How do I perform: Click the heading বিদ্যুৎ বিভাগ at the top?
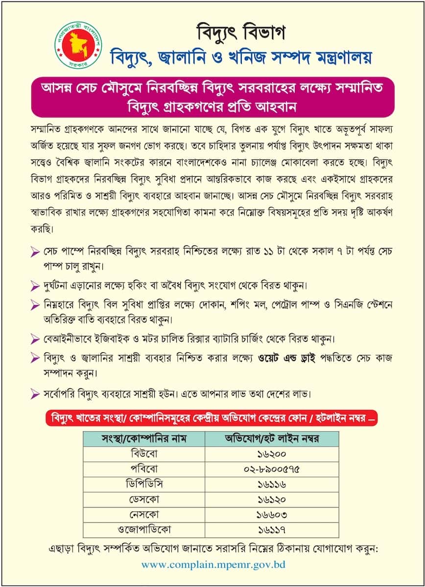point(241,33)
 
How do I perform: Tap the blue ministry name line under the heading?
point(240,57)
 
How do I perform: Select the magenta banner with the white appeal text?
point(213,96)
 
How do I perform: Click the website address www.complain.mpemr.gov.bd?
point(213,564)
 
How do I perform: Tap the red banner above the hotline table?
point(211,419)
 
